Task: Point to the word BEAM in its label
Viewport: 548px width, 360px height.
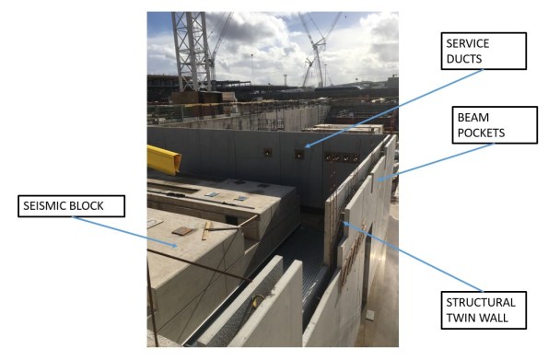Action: (x=472, y=117)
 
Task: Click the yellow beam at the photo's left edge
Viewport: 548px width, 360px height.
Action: (x=163, y=158)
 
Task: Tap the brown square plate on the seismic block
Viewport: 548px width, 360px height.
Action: (x=181, y=232)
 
